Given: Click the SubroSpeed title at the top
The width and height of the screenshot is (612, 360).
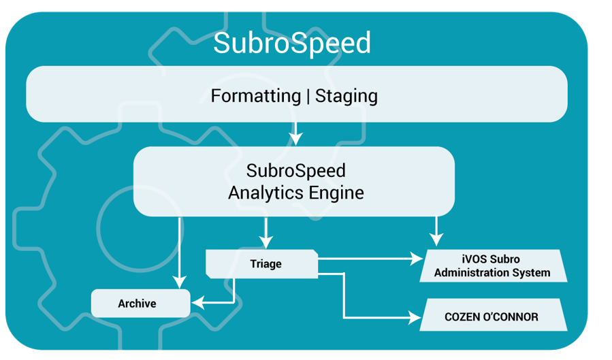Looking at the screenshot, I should (292, 44).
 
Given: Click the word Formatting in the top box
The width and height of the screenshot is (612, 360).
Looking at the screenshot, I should (255, 96).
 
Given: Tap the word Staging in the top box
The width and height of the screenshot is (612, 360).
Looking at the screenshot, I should (346, 96).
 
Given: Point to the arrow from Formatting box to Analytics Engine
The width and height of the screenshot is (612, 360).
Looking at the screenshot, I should (295, 133).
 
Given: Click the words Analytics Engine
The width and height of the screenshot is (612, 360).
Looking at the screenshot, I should (295, 193).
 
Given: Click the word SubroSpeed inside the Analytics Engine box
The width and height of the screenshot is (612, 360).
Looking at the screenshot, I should (295, 169).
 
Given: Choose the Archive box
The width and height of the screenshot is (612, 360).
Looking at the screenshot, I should (140, 304).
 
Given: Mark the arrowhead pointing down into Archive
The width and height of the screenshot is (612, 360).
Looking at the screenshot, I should (179, 281).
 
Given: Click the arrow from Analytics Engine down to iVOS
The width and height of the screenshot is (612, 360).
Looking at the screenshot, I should (436, 231).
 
